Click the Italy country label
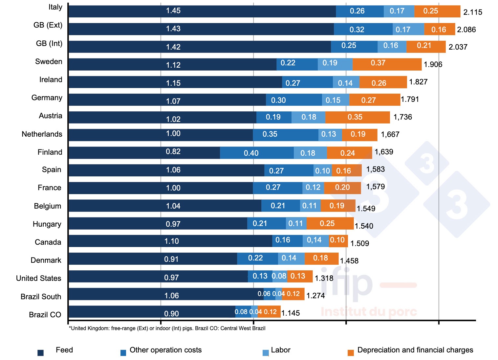pyautogui.click(x=55, y=7)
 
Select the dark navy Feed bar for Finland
pyautogui.click(x=144, y=152)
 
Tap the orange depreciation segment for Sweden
pyautogui.click(x=387, y=64)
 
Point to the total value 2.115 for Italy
pyautogui.click(x=472, y=12)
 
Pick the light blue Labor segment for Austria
pyautogui.click(x=308, y=117)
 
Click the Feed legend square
pyautogui.click(x=41, y=353)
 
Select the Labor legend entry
pyautogui.click(x=280, y=350)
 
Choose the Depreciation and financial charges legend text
pyautogui.click(x=415, y=350)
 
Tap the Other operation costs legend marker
pyautogui.click(x=123, y=353)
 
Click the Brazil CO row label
pyautogui.click(x=45, y=315)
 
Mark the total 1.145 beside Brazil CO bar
pyautogui.click(x=291, y=313)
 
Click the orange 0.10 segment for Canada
pyautogui.click(x=338, y=240)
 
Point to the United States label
pyautogui.click(x=39, y=278)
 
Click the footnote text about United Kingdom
pyautogui.click(x=167, y=328)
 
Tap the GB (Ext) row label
pyautogui.click(x=48, y=25)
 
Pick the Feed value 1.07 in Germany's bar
pyautogui.click(x=173, y=101)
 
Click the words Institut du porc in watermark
pyautogui.click(x=369, y=311)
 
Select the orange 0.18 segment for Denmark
pyautogui.click(x=321, y=258)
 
